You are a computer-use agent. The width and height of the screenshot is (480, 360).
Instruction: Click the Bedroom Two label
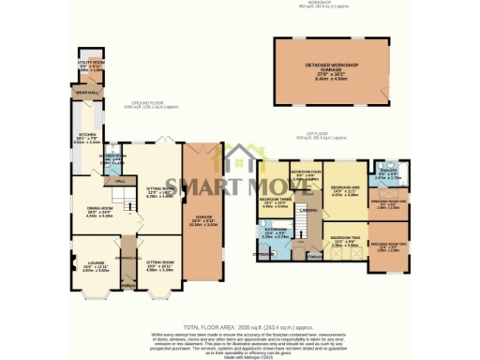(x=346, y=240)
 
